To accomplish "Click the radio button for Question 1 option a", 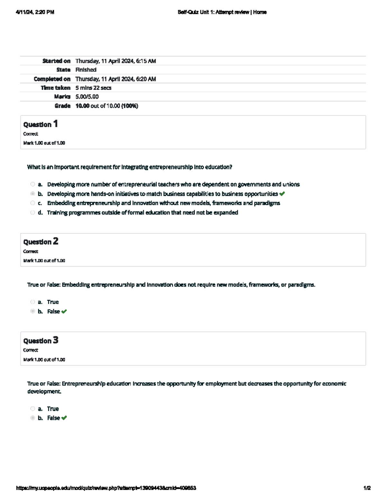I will pyautogui.click(x=32, y=184).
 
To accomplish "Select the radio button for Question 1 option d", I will pyautogui.click(x=32, y=212).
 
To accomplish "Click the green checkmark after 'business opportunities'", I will pyautogui.click(x=282, y=194).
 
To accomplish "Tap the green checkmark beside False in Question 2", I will pyautogui.click(x=64, y=311).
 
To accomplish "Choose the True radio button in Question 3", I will pyautogui.click(x=32, y=409).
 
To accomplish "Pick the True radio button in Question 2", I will pyautogui.click(x=32, y=302).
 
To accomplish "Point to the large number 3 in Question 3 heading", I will pyautogui.click(x=56, y=340).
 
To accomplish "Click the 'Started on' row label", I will pyautogui.click(x=56, y=61).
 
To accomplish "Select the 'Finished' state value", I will pyautogui.click(x=86, y=70).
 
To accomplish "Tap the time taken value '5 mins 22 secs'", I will pyautogui.click(x=93, y=88).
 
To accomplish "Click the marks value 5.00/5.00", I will pyautogui.click(x=87, y=96).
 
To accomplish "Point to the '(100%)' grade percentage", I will pyautogui.click(x=130, y=106).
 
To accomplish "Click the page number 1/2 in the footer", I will pyautogui.click(x=367, y=488).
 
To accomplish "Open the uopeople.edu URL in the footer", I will pyautogui.click(x=106, y=488).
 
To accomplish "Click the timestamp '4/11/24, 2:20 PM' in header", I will pyautogui.click(x=35, y=12).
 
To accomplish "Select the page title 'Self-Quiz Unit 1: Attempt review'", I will pyautogui.click(x=213, y=12).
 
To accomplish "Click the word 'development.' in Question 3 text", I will pyautogui.click(x=44, y=391).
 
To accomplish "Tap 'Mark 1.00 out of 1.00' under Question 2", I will pyautogui.click(x=44, y=261).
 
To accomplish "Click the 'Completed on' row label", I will pyautogui.click(x=52, y=79).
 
